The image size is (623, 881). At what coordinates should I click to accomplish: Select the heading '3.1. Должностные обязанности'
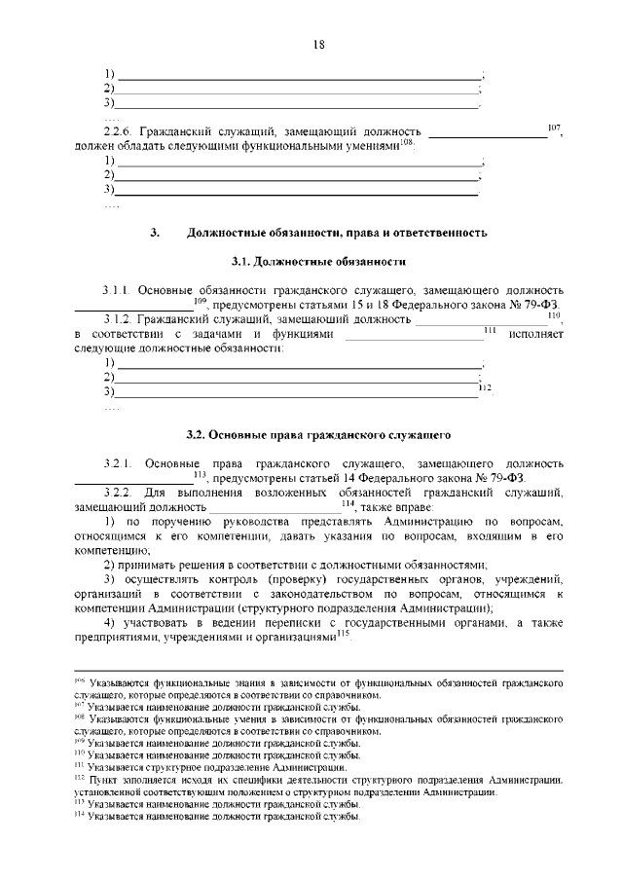(x=317, y=262)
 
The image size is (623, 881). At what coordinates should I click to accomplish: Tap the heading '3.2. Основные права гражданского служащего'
(x=317, y=431)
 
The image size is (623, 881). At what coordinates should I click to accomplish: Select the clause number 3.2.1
(x=118, y=460)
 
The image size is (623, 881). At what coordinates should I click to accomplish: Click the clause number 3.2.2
(x=118, y=492)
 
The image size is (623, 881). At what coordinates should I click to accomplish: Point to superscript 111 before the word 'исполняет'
(x=490, y=331)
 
